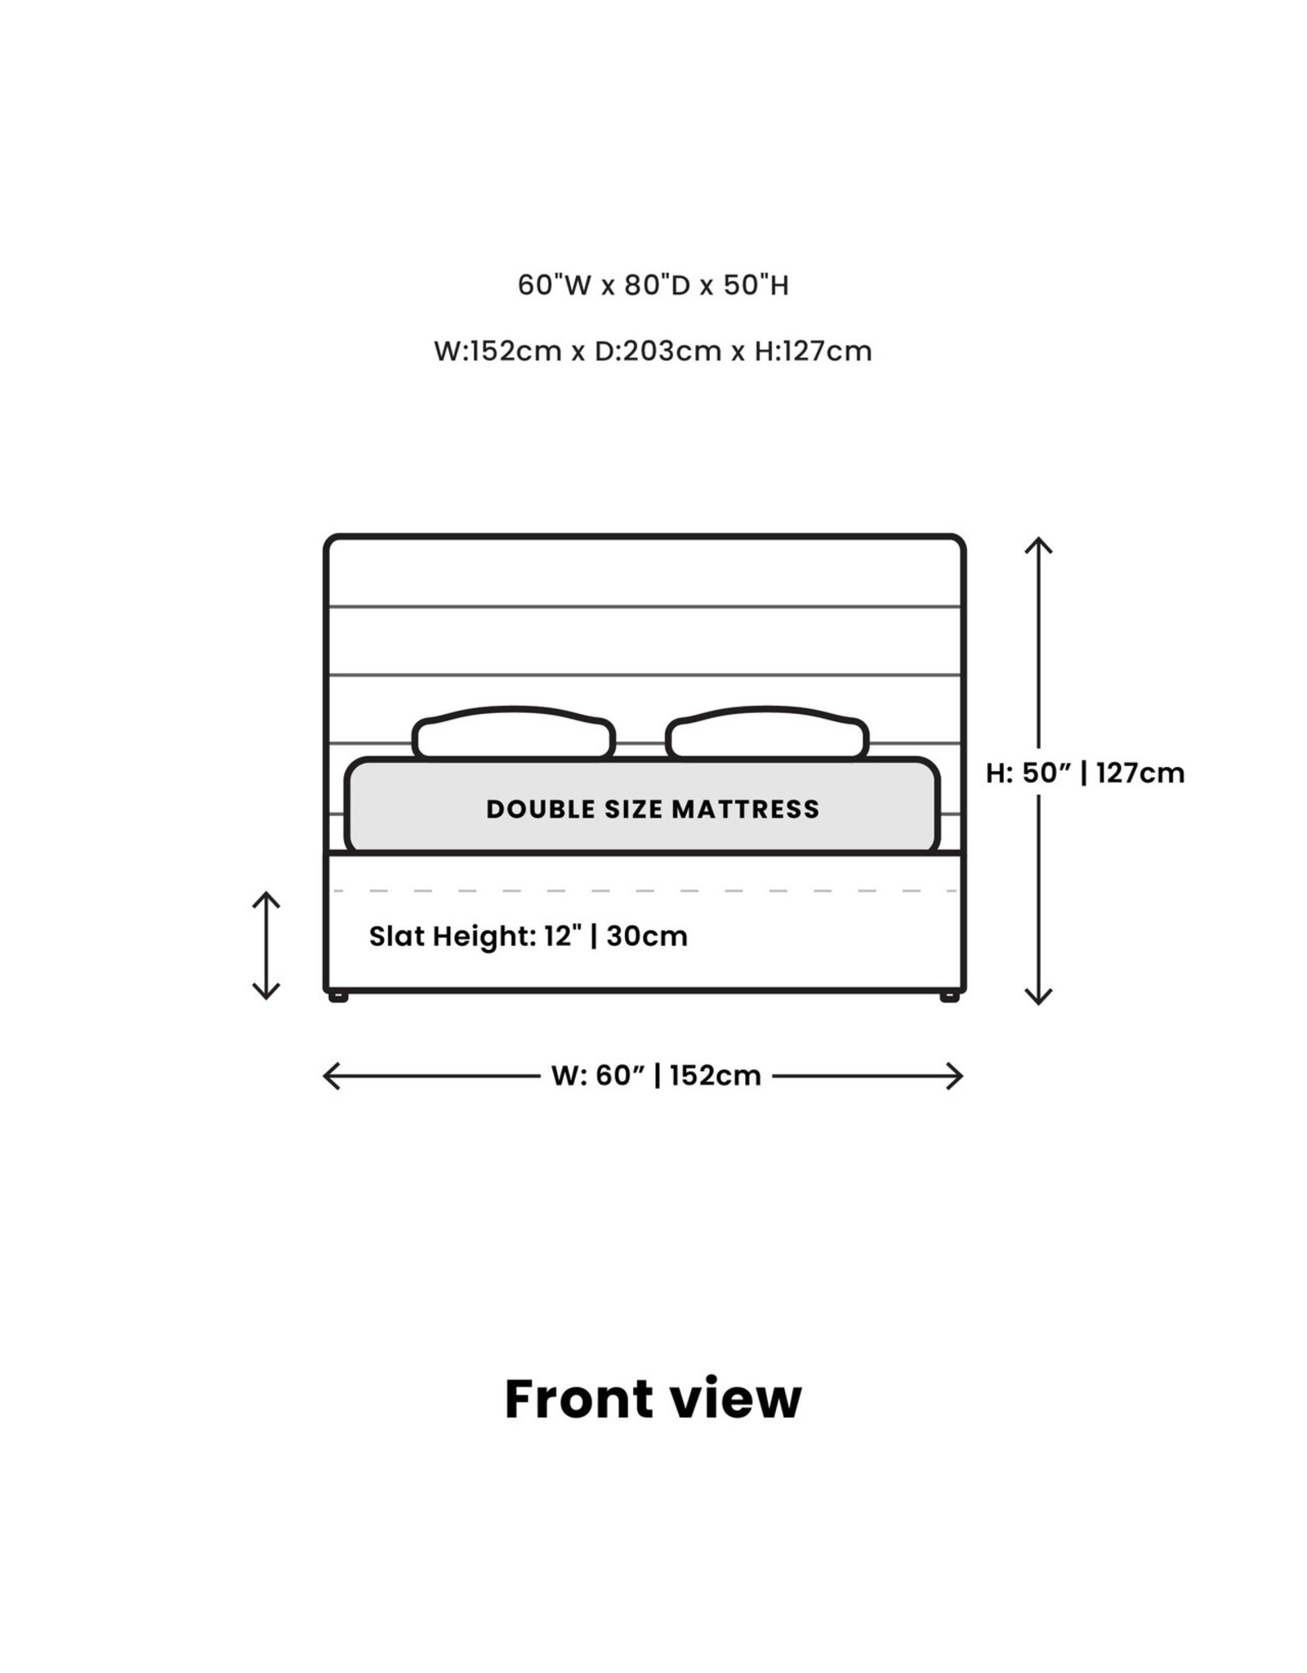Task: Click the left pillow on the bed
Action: [514, 733]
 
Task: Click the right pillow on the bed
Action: [767, 733]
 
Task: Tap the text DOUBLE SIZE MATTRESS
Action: [653, 809]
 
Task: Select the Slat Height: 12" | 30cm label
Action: [528, 936]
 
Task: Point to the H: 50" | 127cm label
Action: [1085, 773]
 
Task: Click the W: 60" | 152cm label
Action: [656, 1076]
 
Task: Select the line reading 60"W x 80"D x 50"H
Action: [653, 285]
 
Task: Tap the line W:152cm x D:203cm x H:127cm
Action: [653, 351]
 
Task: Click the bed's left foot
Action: [337, 997]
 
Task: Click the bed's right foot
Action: [949, 997]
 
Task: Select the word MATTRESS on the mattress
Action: [746, 809]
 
